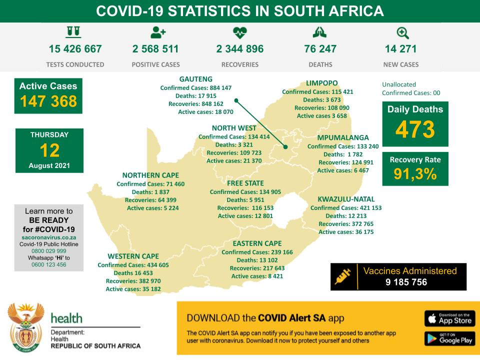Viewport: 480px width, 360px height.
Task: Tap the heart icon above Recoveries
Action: click(240, 33)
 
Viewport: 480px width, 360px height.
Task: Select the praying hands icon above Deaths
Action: click(319, 32)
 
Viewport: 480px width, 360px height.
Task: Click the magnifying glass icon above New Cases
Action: click(402, 33)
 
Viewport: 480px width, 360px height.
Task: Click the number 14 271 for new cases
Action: click(400, 49)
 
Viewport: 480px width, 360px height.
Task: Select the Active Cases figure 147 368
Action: click(48, 101)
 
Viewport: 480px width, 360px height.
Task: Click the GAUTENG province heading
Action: click(196, 79)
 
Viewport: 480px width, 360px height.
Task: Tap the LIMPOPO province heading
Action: click(321, 83)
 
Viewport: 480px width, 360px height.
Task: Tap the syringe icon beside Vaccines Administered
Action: click(343, 276)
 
